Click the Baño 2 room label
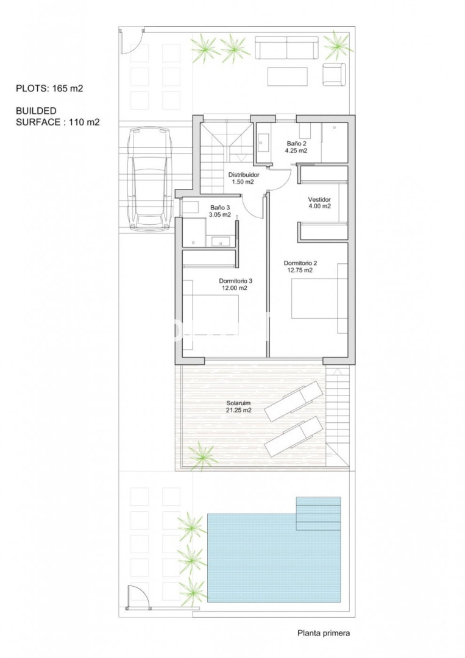[x=296, y=147]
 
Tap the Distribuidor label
[x=243, y=179]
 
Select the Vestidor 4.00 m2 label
[x=319, y=203]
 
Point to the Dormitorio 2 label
[x=300, y=266]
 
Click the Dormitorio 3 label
[x=235, y=285]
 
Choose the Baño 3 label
[x=221, y=211]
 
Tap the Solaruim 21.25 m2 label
[x=238, y=406]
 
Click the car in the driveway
[x=151, y=179]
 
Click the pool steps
[x=318, y=514]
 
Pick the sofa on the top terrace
[x=286, y=48]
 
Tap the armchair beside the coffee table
[x=334, y=74]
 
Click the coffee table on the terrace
[x=288, y=76]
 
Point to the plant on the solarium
[x=203, y=456]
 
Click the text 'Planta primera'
[x=324, y=633]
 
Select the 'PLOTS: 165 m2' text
[x=49, y=88]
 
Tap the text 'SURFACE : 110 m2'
[x=58, y=122]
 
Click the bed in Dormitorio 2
[x=319, y=299]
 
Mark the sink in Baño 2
[x=264, y=142]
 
